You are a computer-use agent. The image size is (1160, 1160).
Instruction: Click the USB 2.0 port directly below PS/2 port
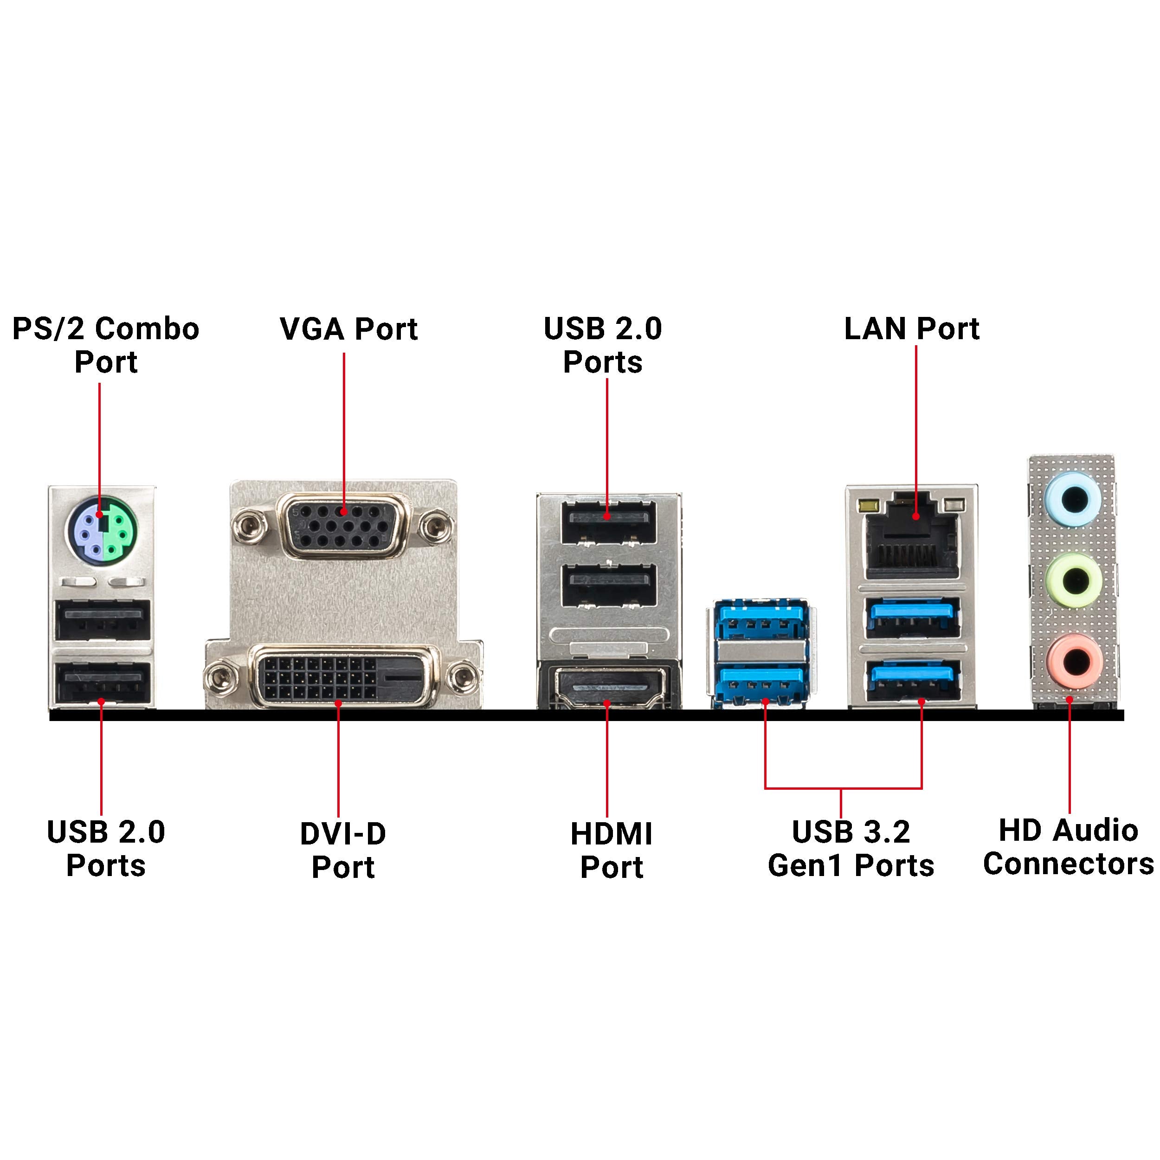[x=102, y=620]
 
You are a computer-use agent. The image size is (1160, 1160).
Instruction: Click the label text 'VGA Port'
[x=348, y=329]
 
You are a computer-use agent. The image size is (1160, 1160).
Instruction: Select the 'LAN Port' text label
[x=911, y=329]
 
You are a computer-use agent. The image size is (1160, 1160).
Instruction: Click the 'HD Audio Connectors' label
[x=1068, y=847]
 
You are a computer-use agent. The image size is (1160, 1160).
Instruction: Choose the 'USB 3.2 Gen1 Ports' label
[x=851, y=848]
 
